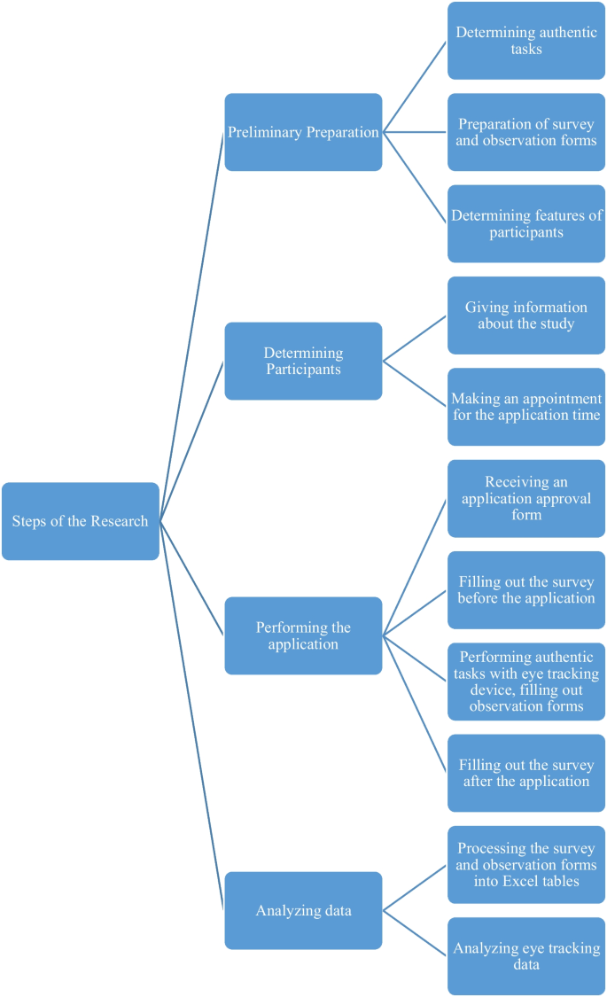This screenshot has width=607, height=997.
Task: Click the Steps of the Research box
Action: click(81, 521)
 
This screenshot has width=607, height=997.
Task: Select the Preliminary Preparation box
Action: click(303, 132)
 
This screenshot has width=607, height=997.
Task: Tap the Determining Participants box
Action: click(303, 361)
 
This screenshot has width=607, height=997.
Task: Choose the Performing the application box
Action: click(303, 635)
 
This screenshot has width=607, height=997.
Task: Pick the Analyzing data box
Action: click(303, 910)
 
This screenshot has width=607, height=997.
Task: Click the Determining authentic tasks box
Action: click(526, 41)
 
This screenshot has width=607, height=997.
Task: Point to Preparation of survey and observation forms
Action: click(526, 132)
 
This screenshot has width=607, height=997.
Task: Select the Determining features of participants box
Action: click(526, 223)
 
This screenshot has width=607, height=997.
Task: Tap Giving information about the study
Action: click(526, 315)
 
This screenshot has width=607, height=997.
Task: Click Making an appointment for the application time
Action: click(526, 407)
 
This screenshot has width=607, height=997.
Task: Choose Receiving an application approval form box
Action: click(526, 498)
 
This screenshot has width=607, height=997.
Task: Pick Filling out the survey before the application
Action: click(526, 590)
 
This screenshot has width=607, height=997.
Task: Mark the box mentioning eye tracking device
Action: click(526, 682)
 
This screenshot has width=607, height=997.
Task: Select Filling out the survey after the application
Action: click(526, 773)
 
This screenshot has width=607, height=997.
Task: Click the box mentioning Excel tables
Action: click(526, 865)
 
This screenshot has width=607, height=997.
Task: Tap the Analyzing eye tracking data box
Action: click(526, 956)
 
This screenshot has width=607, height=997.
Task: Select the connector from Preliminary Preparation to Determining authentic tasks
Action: click(415, 87)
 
